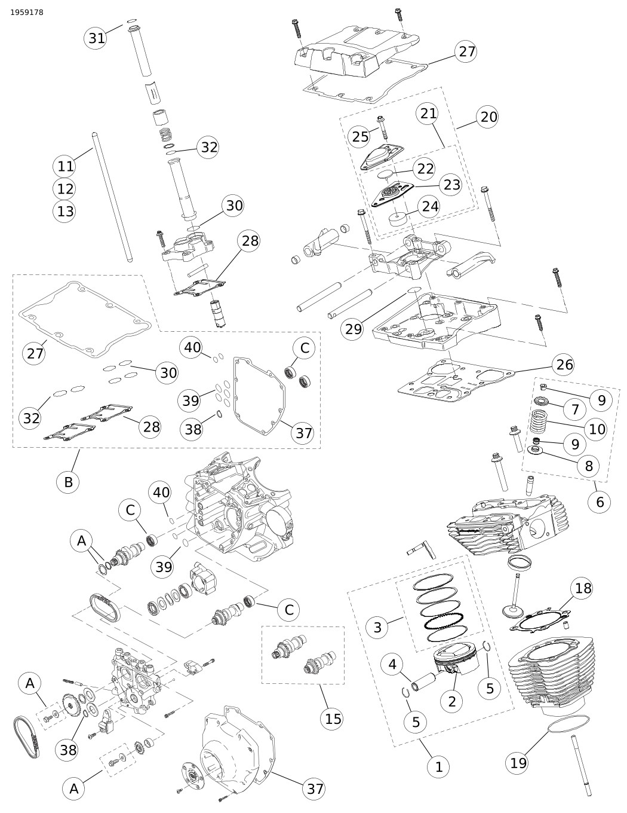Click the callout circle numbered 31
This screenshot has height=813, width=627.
click(x=97, y=38)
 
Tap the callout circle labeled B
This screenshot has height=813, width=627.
click(x=68, y=481)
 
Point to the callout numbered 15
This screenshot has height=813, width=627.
click(x=333, y=718)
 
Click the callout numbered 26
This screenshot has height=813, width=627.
click(x=564, y=364)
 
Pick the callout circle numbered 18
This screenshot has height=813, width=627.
click(x=583, y=588)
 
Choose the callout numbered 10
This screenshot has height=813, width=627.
click(x=597, y=429)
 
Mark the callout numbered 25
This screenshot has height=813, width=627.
click(x=361, y=136)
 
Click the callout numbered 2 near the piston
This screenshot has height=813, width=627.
click(x=451, y=701)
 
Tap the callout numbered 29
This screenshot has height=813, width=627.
click(x=354, y=329)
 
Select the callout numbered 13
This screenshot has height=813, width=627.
click(x=66, y=211)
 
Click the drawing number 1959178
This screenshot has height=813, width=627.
click(x=27, y=12)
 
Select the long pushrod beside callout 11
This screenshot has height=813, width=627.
click(x=112, y=197)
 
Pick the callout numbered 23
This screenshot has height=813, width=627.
click(x=452, y=184)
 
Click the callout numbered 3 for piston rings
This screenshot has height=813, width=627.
click(x=377, y=627)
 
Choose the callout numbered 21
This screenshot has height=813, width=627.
click(x=429, y=113)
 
